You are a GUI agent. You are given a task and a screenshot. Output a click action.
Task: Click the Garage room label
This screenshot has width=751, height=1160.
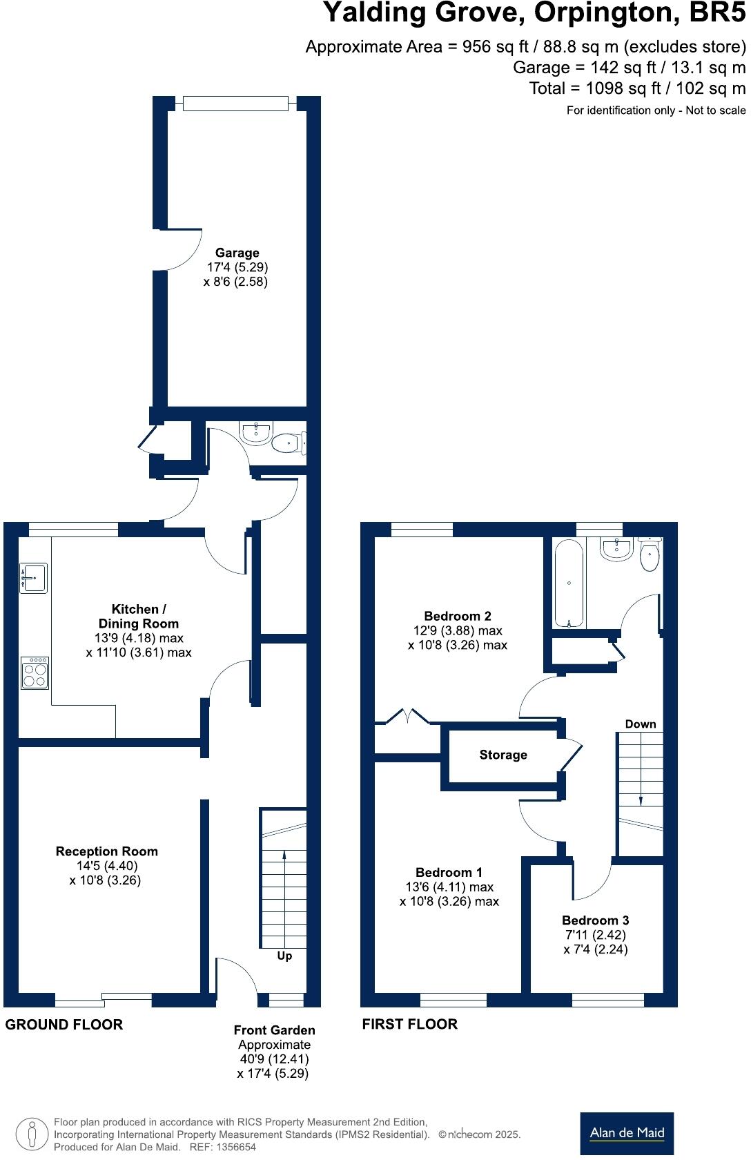tap(237, 253)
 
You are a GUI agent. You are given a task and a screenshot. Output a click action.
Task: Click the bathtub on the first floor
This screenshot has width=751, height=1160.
tap(569, 583)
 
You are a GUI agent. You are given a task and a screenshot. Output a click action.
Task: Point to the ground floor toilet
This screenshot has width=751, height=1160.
tap(288, 442)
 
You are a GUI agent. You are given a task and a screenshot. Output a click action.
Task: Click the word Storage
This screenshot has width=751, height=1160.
tap(503, 755)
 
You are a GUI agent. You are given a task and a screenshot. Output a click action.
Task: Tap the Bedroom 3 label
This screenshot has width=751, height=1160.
tap(595, 920)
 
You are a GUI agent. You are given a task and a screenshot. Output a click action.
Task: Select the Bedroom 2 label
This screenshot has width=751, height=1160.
tap(457, 616)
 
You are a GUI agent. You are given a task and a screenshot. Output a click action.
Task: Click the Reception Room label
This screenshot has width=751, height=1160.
tap(107, 851)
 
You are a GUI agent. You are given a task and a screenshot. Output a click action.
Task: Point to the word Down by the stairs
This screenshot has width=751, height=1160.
tap(640, 724)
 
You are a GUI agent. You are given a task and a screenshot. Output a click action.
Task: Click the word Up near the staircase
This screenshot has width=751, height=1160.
tap(284, 956)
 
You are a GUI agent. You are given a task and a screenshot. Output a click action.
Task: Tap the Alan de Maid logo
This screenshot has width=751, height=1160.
tap(627, 1132)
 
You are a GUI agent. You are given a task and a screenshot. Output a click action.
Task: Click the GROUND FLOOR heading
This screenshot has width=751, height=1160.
tap(64, 1025)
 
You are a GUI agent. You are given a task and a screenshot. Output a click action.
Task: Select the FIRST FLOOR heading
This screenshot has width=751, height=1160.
tap(409, 1024)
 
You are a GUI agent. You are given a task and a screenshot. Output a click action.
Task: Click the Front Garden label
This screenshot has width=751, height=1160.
tap(274, 1029)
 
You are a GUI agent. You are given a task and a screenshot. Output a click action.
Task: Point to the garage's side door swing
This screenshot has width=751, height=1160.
tap(181, 250)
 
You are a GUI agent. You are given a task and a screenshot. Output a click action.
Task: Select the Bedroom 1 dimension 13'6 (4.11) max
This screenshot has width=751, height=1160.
tap(449, 887)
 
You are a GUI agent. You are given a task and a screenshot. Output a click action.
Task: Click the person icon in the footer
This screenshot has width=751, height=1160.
tap(32, 1134)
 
